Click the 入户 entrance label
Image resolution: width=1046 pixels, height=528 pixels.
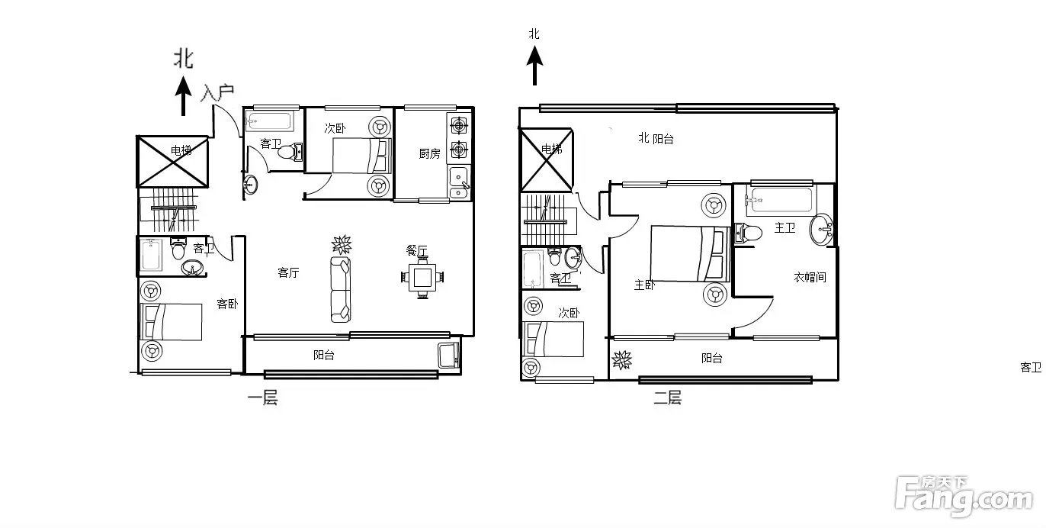(217, 92)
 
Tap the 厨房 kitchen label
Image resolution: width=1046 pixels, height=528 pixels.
(430, 153)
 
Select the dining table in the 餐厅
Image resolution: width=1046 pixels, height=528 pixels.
(422, 278)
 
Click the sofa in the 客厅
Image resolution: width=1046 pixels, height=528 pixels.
(341, 289)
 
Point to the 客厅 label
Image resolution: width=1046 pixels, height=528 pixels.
(288, 272)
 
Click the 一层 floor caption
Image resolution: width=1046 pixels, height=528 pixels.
(263, 398)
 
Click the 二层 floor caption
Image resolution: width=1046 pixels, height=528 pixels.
(667, 398)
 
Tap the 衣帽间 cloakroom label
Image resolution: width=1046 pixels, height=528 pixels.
(810, 277)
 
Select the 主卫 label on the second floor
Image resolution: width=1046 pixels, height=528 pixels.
(784, 227)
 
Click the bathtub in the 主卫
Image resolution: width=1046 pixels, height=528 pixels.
(781, 200)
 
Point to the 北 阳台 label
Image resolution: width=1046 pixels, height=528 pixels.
(656, 138)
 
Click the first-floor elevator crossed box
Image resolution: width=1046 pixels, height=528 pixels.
(172, 162)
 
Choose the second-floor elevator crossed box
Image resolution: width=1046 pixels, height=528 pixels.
(546, 159)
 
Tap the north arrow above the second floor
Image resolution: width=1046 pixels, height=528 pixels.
(534, 65)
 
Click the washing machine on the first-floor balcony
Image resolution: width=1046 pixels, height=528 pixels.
(449, 355)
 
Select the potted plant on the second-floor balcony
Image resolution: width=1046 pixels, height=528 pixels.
(622, 360)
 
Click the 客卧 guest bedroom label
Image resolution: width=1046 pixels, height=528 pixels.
(227, 304)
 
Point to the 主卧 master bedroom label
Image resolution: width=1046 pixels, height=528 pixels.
(644, 285)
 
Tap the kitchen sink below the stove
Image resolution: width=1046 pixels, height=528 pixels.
(458, 182)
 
